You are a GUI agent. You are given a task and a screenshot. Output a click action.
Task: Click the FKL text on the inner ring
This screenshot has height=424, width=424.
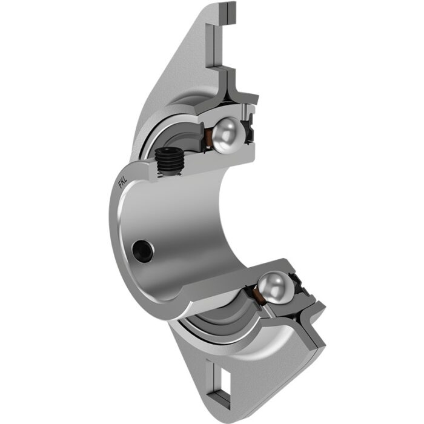point(122,181)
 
